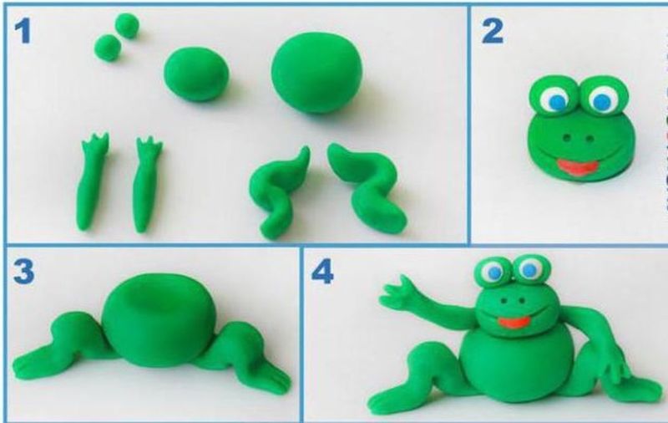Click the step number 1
[23, 32]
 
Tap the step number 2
[492, 32]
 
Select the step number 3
[23, 272]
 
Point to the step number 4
[322, 272]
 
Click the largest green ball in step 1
[317, 73]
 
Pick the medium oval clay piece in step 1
[196, 74]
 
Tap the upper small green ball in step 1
[127, 25]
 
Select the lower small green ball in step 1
[108, 48]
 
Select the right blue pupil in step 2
[601, 101]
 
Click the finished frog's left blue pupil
[493, 272]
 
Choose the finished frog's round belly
[516, 367]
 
